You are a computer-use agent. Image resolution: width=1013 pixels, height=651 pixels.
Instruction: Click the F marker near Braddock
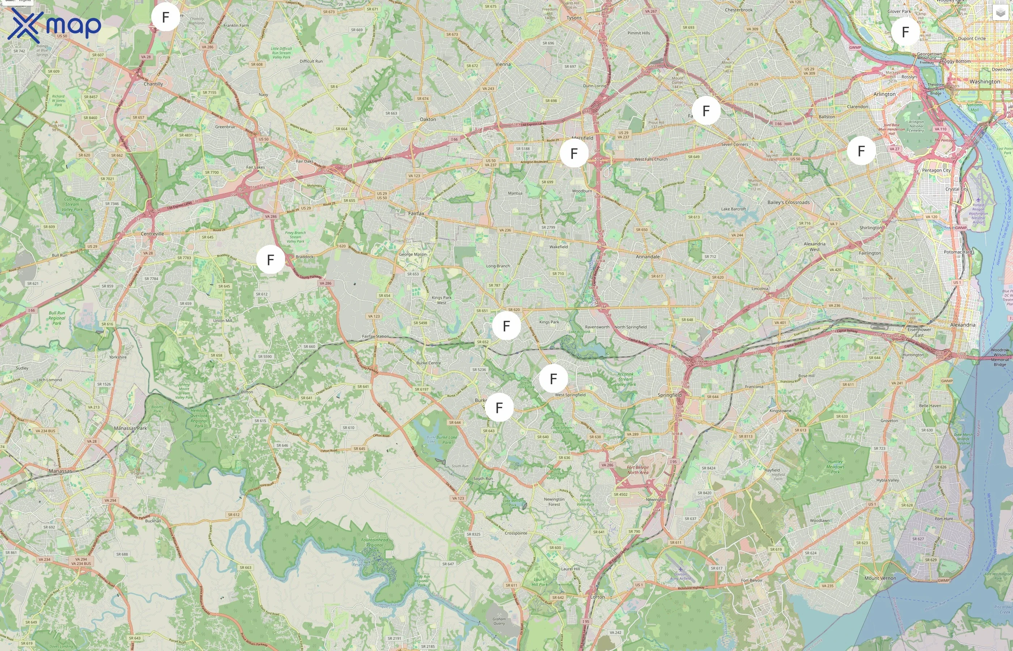coord(271,260)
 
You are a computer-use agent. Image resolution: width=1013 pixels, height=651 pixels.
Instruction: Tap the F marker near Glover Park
coord(905,32)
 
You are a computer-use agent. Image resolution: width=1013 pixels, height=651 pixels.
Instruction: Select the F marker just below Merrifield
coord(574,153)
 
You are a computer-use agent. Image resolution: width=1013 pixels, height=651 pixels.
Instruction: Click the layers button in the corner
coord(1000,13)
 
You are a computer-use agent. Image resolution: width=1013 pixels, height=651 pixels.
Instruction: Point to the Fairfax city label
coord(416,213)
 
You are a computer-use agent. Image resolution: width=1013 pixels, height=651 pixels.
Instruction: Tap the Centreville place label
coord(152,234)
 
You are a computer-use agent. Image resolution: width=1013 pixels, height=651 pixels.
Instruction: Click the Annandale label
coord(648,256)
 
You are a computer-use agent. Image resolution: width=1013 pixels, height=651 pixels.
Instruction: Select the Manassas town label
coord(60,471)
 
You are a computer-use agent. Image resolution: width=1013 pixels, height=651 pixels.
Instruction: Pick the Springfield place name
coord(669,395)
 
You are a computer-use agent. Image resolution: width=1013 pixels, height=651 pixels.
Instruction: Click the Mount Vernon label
coord(880,578)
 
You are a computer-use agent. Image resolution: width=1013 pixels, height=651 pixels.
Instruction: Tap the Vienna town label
coord(503,64)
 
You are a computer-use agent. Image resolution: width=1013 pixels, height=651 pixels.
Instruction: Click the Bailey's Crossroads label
coord(788,203)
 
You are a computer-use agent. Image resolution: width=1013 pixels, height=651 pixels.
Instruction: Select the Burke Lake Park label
coord(446,440)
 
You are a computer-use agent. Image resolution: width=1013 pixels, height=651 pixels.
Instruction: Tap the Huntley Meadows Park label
coord(835,467)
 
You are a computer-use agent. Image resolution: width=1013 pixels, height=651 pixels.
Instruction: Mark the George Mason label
coord(413,255)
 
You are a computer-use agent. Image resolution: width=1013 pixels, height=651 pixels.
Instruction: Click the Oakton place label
coord(428,119)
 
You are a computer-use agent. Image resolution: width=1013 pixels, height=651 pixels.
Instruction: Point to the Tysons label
coord(574,18)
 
